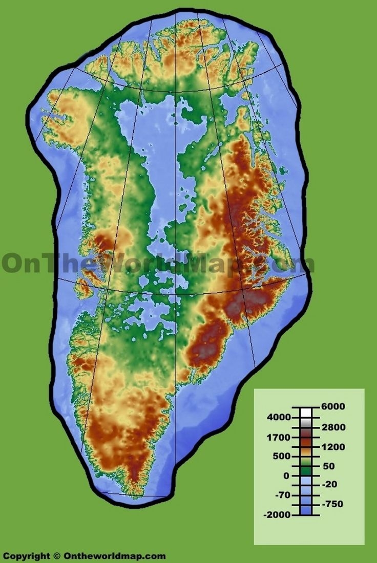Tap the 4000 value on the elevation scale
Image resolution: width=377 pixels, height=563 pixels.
click(x=278, y=418)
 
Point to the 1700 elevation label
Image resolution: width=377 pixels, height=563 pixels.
click(x=278, y=438)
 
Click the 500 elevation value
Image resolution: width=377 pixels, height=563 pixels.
click(x=281, y=456)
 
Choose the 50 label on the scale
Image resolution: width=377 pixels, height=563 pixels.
click(x=328, y=466)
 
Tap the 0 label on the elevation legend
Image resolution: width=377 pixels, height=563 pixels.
click(x=286, y=475)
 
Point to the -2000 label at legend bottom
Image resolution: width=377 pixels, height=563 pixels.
click(x=277, y=514)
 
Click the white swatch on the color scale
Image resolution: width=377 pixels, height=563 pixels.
click(x=305, y=413)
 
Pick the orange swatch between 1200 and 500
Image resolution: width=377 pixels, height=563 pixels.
click(x=305, y=452)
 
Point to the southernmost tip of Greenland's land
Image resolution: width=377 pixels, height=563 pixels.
click(x=135, y=495)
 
